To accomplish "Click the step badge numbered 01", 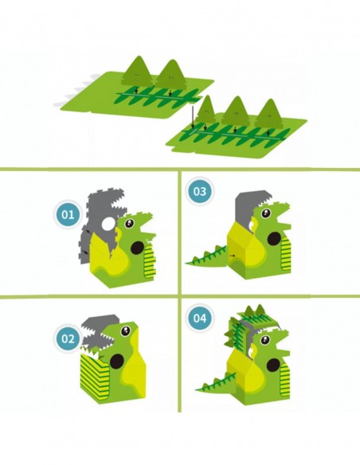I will (68, 214).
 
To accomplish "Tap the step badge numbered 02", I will (68, 338).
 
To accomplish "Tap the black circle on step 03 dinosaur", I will (271, 236).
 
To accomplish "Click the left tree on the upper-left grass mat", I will (140, 72).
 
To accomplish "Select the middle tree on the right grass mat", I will (236, 111).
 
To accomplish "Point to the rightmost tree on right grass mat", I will (269, 112).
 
